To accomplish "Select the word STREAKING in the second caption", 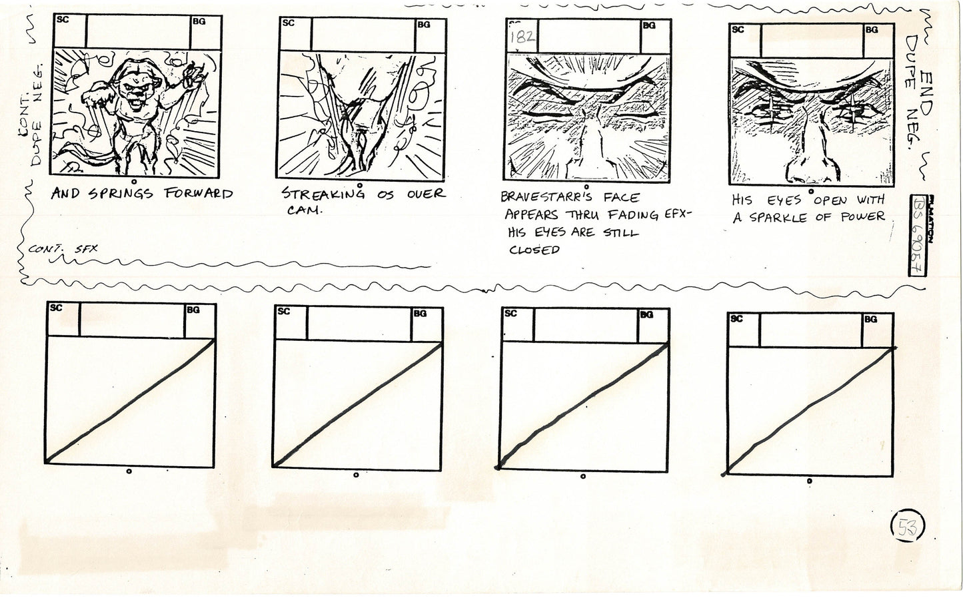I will pyautogui.click(x=323, y=194).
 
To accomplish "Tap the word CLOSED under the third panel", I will pyautogui.click(x=533, y=250).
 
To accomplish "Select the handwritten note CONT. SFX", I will pyautogui.click(x=63, y=249).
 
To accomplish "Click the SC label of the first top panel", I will pyautogui.click(x=61, y=20).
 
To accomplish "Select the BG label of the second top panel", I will pyautogui.click(x=423, y=25).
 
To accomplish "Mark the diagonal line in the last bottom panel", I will pyautogui.click(x=810, y=410).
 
